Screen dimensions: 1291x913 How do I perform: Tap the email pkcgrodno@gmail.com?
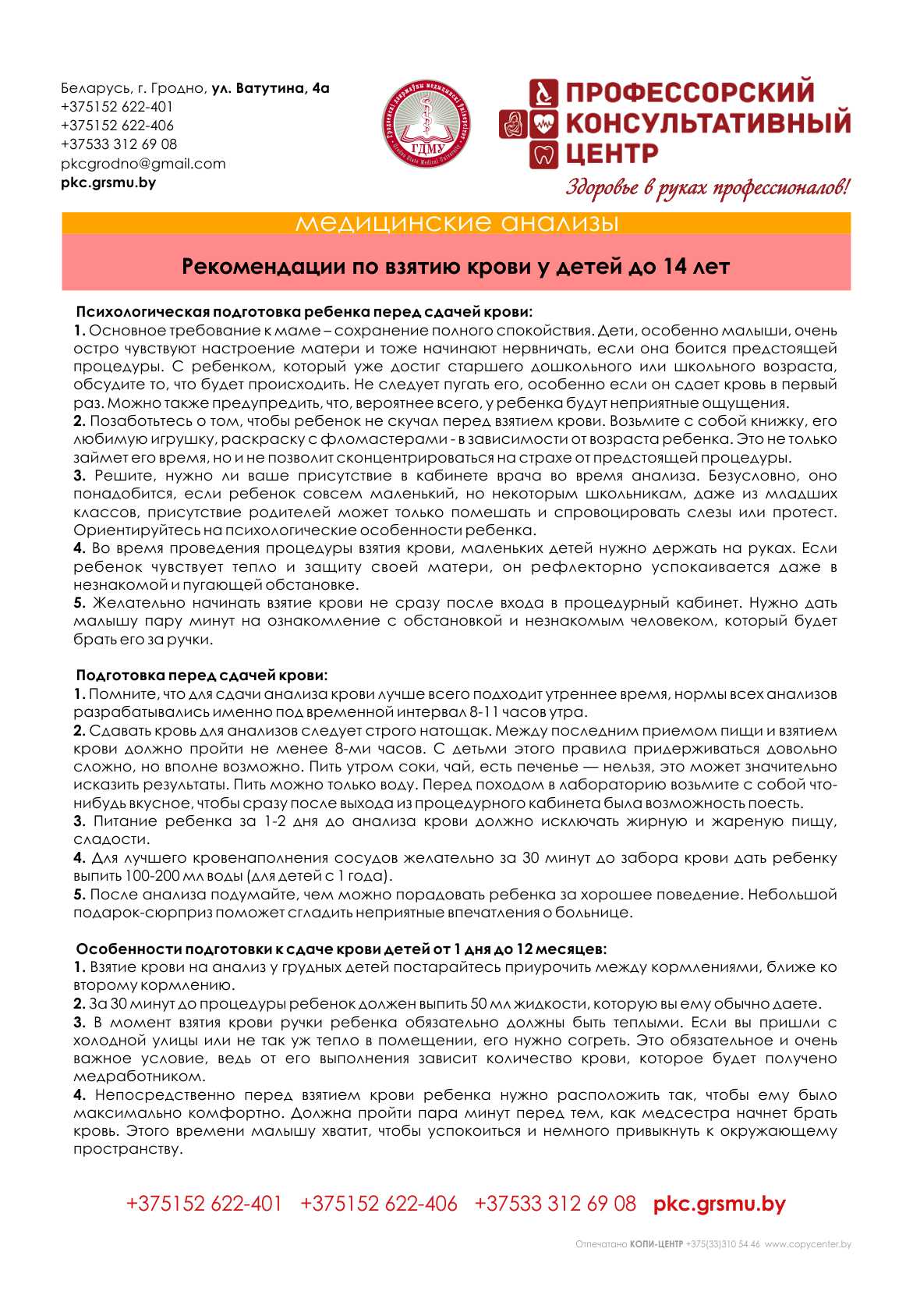[143, 164]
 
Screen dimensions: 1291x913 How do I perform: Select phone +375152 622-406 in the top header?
[117, 126]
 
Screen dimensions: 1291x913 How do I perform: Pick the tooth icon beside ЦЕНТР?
[543, 154]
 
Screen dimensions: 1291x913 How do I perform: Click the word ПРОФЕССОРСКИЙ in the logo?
[689, 93]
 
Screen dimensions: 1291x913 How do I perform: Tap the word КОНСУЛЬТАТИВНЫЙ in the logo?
[707, 123]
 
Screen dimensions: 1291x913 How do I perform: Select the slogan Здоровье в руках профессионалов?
[707, 188]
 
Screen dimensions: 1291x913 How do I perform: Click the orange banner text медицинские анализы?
[457, 223]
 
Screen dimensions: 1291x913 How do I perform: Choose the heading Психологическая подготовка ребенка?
[304, 312]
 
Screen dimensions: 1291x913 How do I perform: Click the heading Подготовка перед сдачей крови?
[201, 675]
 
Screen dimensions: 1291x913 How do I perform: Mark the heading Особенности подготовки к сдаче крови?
[341, 949]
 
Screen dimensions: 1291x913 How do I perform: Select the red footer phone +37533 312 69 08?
[555, 1204]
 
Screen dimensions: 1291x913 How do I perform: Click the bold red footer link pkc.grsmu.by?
[719, 1204]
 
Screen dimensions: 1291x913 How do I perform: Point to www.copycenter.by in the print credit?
[808, 1244]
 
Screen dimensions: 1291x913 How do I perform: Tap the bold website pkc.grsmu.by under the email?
[108, 183]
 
